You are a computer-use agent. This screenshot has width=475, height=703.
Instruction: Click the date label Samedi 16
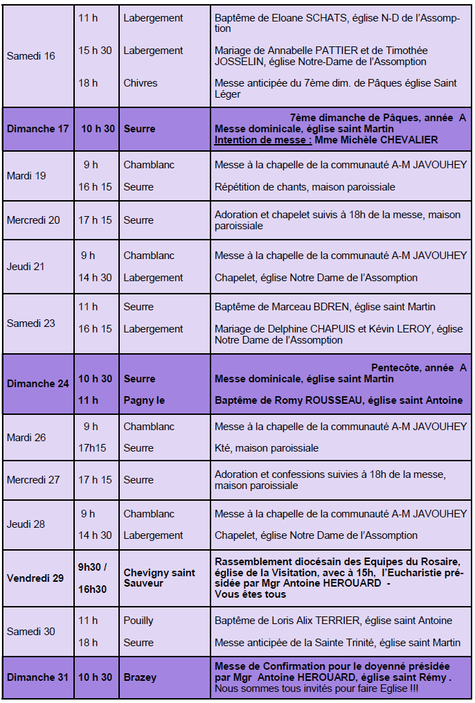(30, 56)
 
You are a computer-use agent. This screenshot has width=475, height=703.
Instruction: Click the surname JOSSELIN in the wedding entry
(242, 62)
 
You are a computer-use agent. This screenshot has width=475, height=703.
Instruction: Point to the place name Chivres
(141, 83)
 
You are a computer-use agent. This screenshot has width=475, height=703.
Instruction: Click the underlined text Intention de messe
(262, 140)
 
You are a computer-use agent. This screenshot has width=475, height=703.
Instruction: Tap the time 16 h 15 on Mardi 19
(95, 187)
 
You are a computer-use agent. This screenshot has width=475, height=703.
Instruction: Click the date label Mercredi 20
(33, 220)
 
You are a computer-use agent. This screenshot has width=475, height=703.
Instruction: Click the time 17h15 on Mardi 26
(92, 448)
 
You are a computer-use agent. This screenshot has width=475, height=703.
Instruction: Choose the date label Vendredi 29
(35, 578)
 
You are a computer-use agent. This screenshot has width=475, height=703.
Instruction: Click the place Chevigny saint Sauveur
(159, 578)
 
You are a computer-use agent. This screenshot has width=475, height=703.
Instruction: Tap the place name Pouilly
(138, 621)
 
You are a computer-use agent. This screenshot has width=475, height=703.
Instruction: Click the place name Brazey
(140, 677)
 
